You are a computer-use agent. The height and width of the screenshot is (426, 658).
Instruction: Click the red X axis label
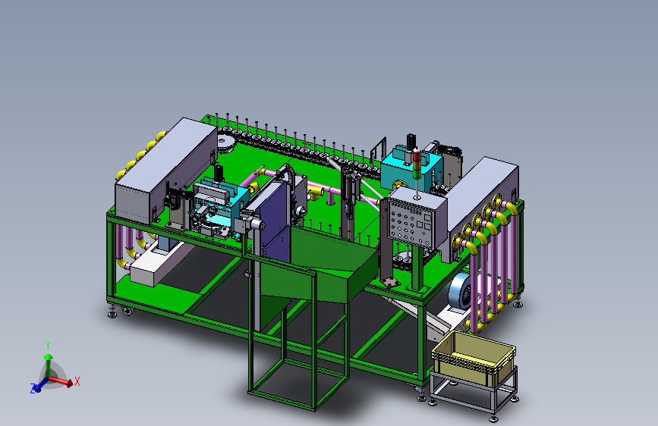tap(77, 381)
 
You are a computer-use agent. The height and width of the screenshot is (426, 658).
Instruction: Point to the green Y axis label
tap(48, 346)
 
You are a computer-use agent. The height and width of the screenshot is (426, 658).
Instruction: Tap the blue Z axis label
tap(33, 388)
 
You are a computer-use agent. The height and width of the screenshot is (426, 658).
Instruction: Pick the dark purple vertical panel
tap(275, 222)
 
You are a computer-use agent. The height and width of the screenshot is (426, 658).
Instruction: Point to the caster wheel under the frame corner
tap(127, 311)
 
